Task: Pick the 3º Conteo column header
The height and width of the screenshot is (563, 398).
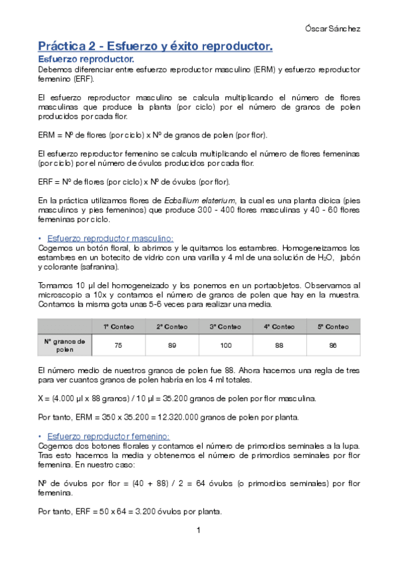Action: tap(225, 327)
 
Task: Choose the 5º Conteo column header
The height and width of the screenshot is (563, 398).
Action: tap(333, 327)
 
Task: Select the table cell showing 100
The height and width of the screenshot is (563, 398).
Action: tap(225, 345)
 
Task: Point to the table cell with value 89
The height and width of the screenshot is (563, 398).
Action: tap(171, 345)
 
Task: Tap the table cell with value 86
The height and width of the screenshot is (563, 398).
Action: tap(333, 345)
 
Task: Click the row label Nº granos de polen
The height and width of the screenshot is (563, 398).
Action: tap(64, 345)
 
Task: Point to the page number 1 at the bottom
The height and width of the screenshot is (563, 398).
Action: tap(198, 530)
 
